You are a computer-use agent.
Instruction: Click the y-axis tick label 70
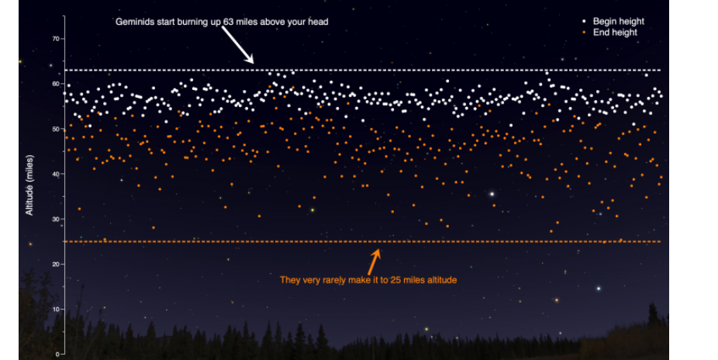pyautogui.click(x=55, y=38)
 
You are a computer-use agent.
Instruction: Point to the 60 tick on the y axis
pyautogui.click(x=55, y=83)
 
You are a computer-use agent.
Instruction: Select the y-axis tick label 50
pyautogui.click(x=55, y=129)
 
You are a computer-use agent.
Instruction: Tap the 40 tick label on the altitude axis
pyautogui.click(x=55, y=174)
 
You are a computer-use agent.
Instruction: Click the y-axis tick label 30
pyautogui.click(x=55, y=219)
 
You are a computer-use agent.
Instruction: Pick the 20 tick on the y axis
pyautogui.click(x=55, y=264)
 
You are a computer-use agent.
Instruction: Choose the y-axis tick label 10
pyautogui.click(x=55, y=309)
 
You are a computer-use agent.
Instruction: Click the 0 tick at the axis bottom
pyautogui.click(x=57, y=354)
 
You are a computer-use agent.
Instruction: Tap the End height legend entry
pyautogui.click(x=615, y=33)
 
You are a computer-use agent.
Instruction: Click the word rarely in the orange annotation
pyautogui.click(x=334, y=280)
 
